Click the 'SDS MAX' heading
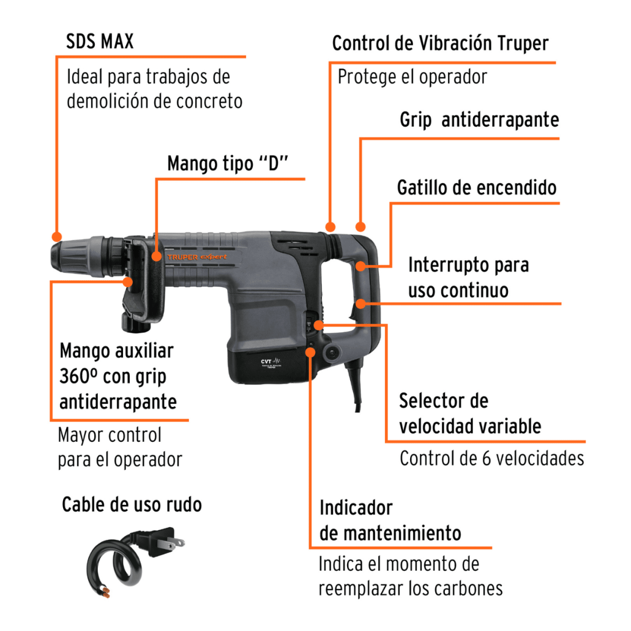(100, 42)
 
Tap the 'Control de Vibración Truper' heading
(440, 44)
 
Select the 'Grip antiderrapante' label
(479, 120)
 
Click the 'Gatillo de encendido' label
(476, 188)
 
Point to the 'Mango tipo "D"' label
(228, 164)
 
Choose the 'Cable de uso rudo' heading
(131, 505)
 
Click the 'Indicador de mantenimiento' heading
(390, 521)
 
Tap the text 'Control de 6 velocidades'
(492, 459)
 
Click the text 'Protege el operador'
(412, 77)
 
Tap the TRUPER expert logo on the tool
(197, 257)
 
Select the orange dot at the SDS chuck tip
(56, 237)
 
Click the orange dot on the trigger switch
(360, 266)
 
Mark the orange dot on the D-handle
(156, 256)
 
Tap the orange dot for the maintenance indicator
(311, 351)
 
